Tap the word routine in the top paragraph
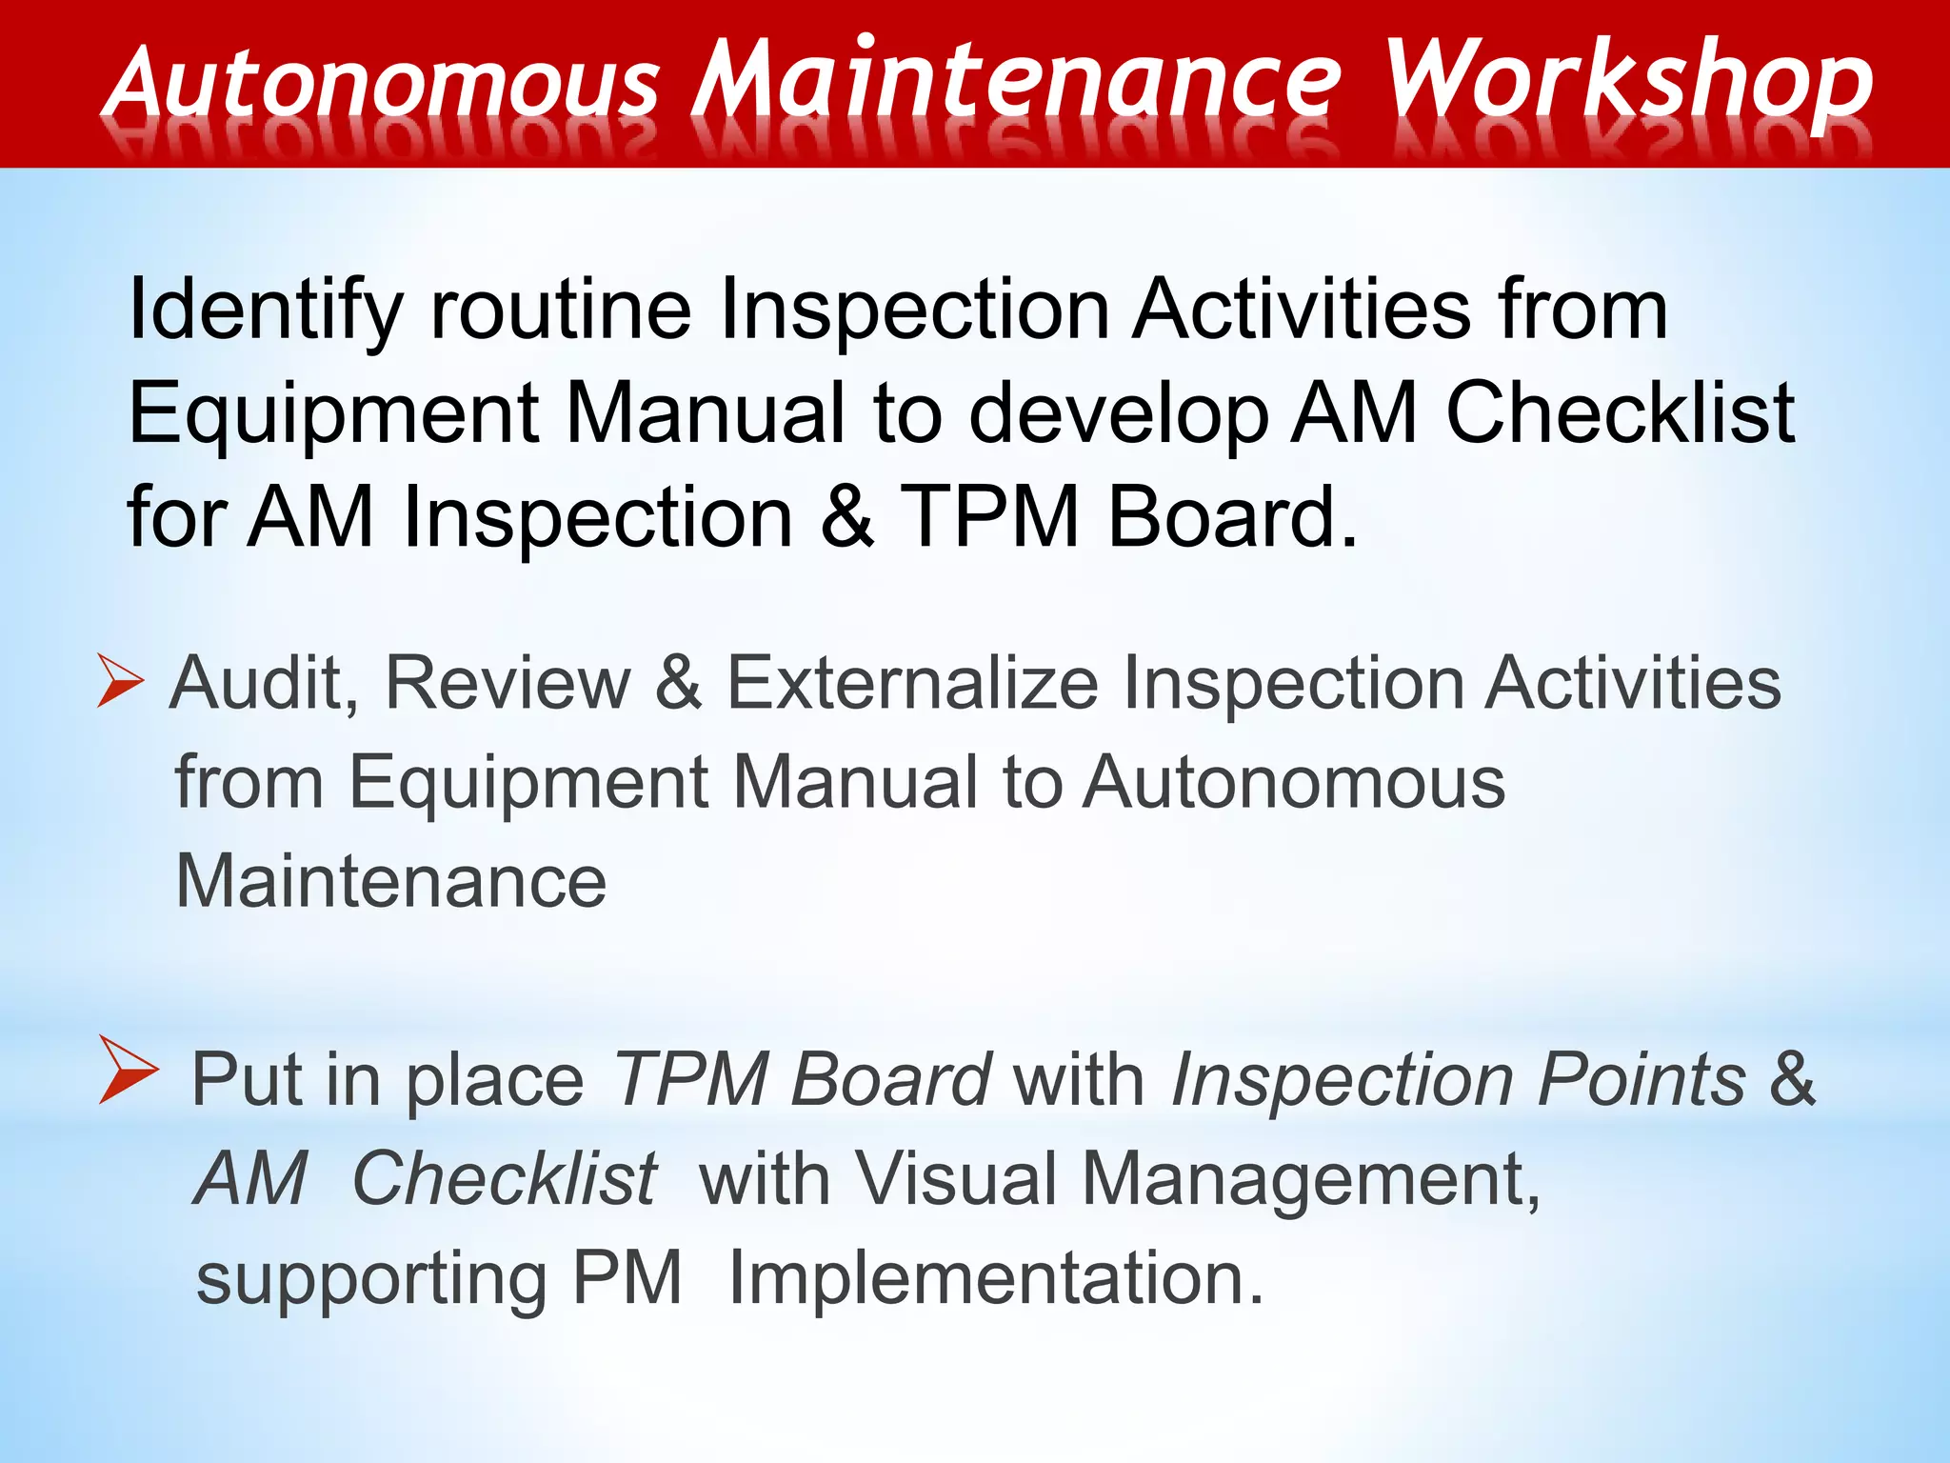[561, 310]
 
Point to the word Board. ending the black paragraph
[1232, 517]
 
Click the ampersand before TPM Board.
[846, 517]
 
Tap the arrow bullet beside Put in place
[128, 1071]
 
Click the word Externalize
[911, 684]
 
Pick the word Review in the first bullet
[507, 684]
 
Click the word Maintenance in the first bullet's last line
[390, 881]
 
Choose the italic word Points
[1642, 1080]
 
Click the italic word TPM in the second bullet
[691, 1080]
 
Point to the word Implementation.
[996, 1279]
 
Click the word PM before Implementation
[627, 1278]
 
